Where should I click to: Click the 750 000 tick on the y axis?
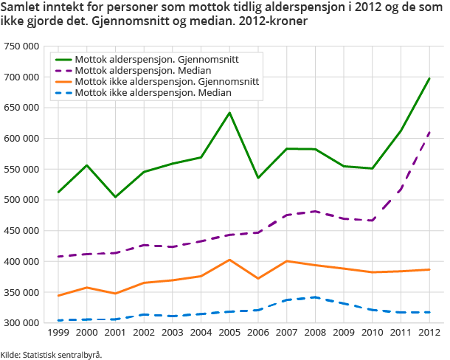[23, 46]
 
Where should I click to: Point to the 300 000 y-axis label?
[23, 323]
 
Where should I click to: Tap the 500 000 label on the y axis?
[23, 200]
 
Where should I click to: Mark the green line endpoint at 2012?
[429, 78]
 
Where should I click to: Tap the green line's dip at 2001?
[115, 197]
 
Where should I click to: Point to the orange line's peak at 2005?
[229, 260]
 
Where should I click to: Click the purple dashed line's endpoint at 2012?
[429, 133]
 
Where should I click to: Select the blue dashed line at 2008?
[315, 297]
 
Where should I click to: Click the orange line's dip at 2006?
[258, 278]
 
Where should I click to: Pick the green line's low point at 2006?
[258, 178]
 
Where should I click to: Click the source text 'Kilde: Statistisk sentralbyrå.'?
[51, 354]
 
